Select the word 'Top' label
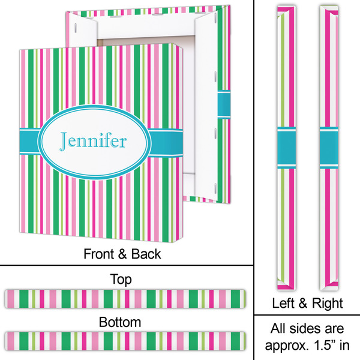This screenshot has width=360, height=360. [x=121, y=279]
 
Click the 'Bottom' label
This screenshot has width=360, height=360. [x=121, y=322]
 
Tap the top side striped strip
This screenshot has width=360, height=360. [x=124, y=297]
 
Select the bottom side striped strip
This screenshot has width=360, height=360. [x=124, y=340]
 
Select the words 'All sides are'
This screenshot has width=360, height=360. [x=307, y=329]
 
